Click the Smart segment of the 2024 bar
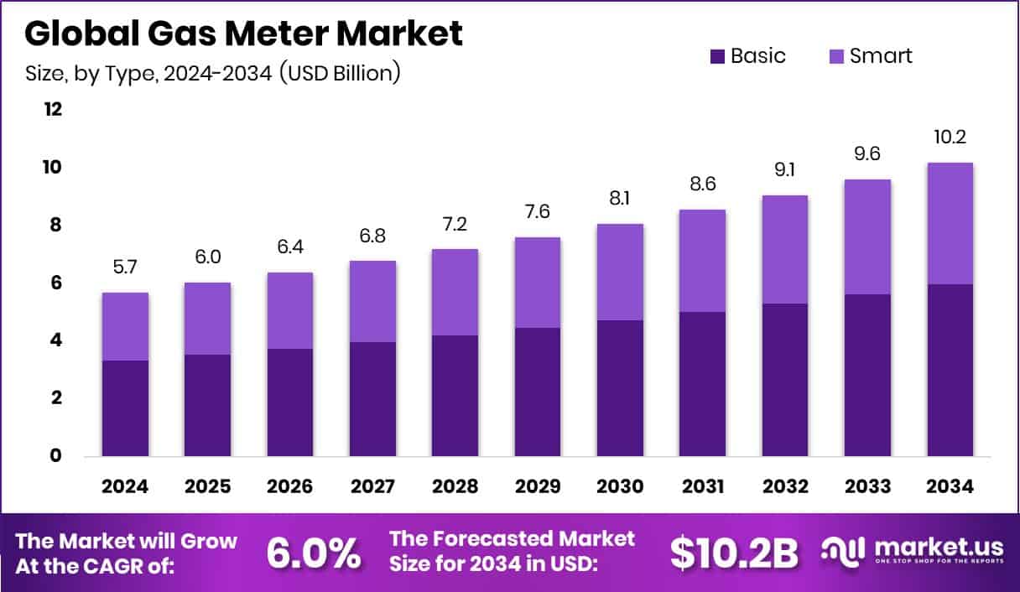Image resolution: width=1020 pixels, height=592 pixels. click(x=125, y=326)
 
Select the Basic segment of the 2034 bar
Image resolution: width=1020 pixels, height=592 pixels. click(x=950, y=370)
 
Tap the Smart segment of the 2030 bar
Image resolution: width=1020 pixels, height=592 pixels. click(x=620, y=272)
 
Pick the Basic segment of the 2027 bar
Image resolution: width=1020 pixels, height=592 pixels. click(x=372, y=398)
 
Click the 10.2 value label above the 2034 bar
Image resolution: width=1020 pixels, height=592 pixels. click(x=950, y=138)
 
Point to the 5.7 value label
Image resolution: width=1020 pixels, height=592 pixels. click(x=125, y=267)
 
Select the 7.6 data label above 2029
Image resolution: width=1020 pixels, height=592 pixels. click(x=538, y=212)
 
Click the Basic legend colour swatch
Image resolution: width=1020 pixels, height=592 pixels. click(x=717, y=57)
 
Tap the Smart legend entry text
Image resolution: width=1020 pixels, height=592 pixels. click(x=880, y=56)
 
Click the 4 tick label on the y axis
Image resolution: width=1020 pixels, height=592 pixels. click(x=55, y=340)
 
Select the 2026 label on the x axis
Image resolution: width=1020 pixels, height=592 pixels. click(x=290, y=487)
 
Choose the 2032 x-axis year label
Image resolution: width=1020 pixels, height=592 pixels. click(x=785, y=487)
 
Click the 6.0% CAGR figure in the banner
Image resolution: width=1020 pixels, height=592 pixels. click(x=314, y=553)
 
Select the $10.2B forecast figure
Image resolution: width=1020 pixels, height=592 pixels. click(x=733, y=552)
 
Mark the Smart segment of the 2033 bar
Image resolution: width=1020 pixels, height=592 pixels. click(x=867, y=236)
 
